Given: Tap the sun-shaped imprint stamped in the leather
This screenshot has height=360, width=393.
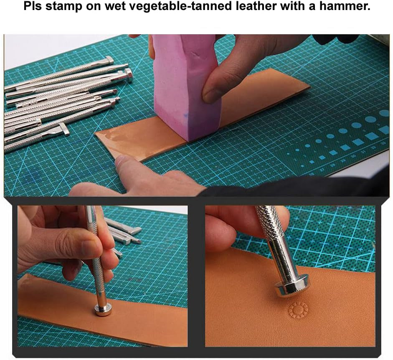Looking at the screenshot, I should click(298, 310).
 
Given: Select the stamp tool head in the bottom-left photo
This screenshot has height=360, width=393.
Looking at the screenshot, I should click(103, 309).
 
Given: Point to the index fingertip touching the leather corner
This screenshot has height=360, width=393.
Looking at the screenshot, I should click(121, 161).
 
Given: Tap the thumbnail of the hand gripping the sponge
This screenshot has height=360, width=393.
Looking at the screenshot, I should click(211, 94).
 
